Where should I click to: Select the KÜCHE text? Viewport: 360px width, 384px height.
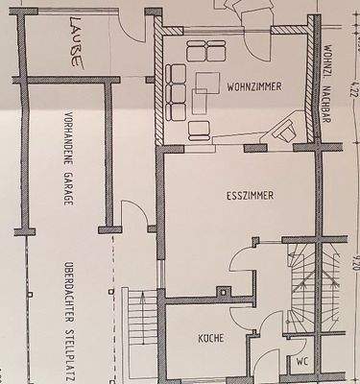(210, 338)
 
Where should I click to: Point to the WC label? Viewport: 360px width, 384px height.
(302, 364)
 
